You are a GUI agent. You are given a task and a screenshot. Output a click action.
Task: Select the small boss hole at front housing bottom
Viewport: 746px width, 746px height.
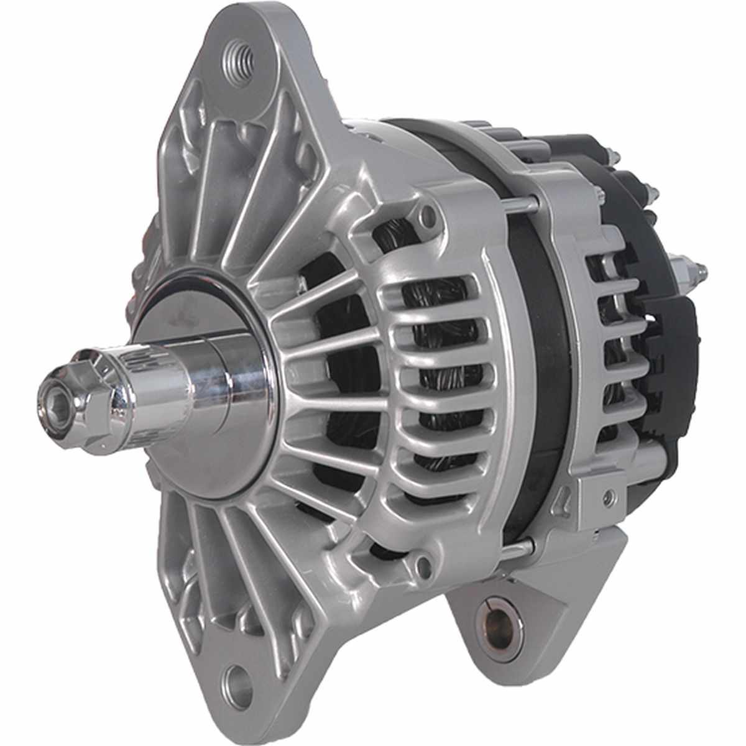click(x=424, y=564)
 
